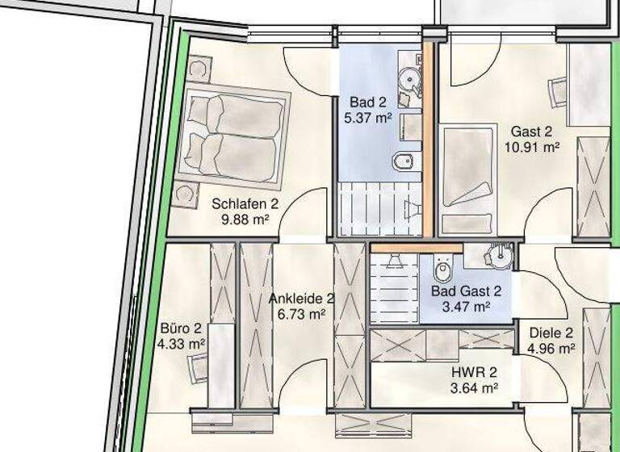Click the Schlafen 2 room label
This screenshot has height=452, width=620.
coord(245,203)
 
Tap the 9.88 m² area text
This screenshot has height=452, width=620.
coord(245,218)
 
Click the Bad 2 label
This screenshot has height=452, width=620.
coord(368,102)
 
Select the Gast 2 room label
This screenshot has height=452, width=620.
coord(531,132)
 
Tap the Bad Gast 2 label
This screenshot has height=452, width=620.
coord(466,291)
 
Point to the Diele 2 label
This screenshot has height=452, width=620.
coord(551,333)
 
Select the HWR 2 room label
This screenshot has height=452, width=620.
coord(474,373)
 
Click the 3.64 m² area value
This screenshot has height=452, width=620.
coord(474,388)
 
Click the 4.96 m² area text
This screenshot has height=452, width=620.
coord(551,349)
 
